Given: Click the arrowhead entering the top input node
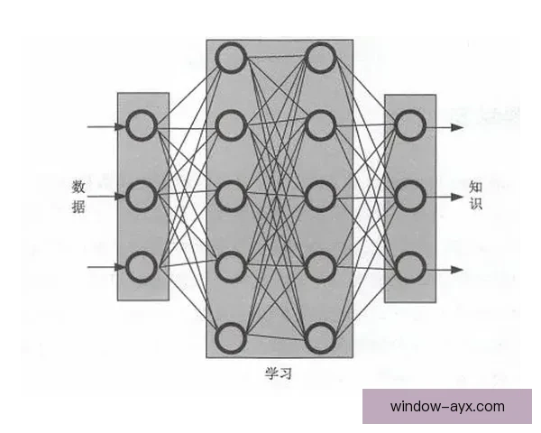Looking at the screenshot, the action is pos(121,126).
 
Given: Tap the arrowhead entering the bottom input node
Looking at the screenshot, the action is pos(121,267).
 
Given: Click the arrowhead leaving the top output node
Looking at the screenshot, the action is pos(457,127).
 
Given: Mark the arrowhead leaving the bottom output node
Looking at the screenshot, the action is pos(457,270).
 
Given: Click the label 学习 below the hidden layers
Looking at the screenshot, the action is pos(279,373).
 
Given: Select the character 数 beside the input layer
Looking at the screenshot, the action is pos(78,187).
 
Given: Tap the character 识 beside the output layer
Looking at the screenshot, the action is pos(475,203).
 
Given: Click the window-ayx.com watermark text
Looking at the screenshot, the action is pos(447,407).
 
